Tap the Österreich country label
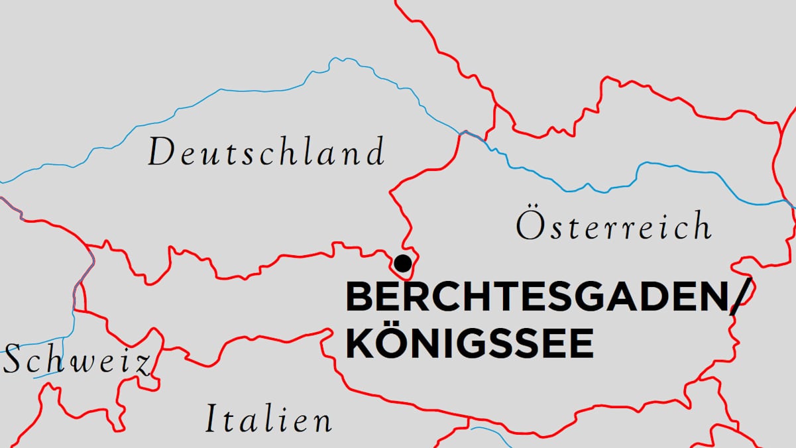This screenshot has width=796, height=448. click(x=614, y=225)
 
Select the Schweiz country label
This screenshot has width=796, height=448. click(x=76, y=361)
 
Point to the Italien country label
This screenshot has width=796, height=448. click(x=268, y=420)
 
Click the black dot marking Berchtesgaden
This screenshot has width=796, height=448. click(x=402, y=263)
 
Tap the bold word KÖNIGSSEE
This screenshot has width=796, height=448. click(x=469, y=343)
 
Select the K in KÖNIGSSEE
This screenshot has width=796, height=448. click(x=360, y=343)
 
